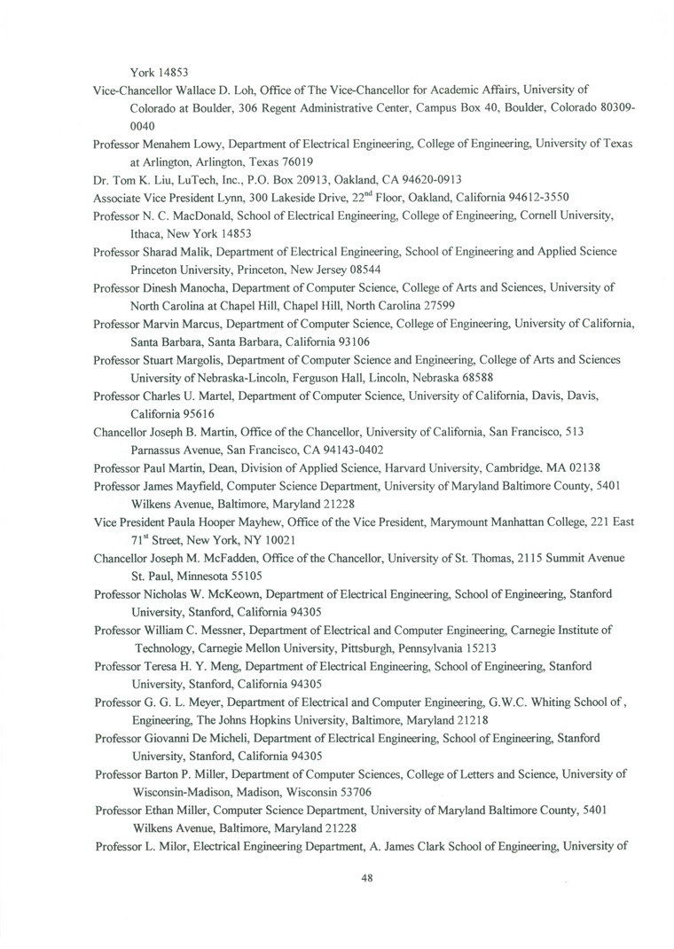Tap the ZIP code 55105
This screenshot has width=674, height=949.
[241, 576]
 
